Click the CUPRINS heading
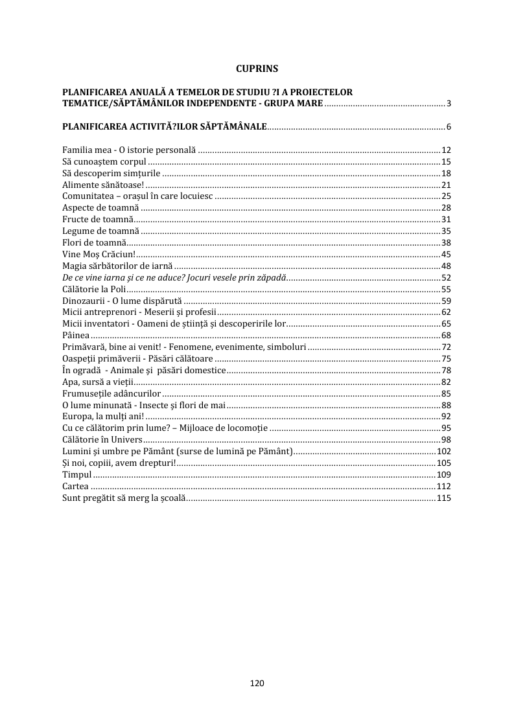pyautogui.click(x=257, y=67)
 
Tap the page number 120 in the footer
pyautogui.click(x=257, y=683)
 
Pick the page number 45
pyautogui.click(x=446, y=254)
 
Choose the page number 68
pyautogui.click(x=446, y=335)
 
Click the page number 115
pyautogui.click(x=444, y=498)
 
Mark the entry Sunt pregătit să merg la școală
pyautogui.click(x=124, y=498)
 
